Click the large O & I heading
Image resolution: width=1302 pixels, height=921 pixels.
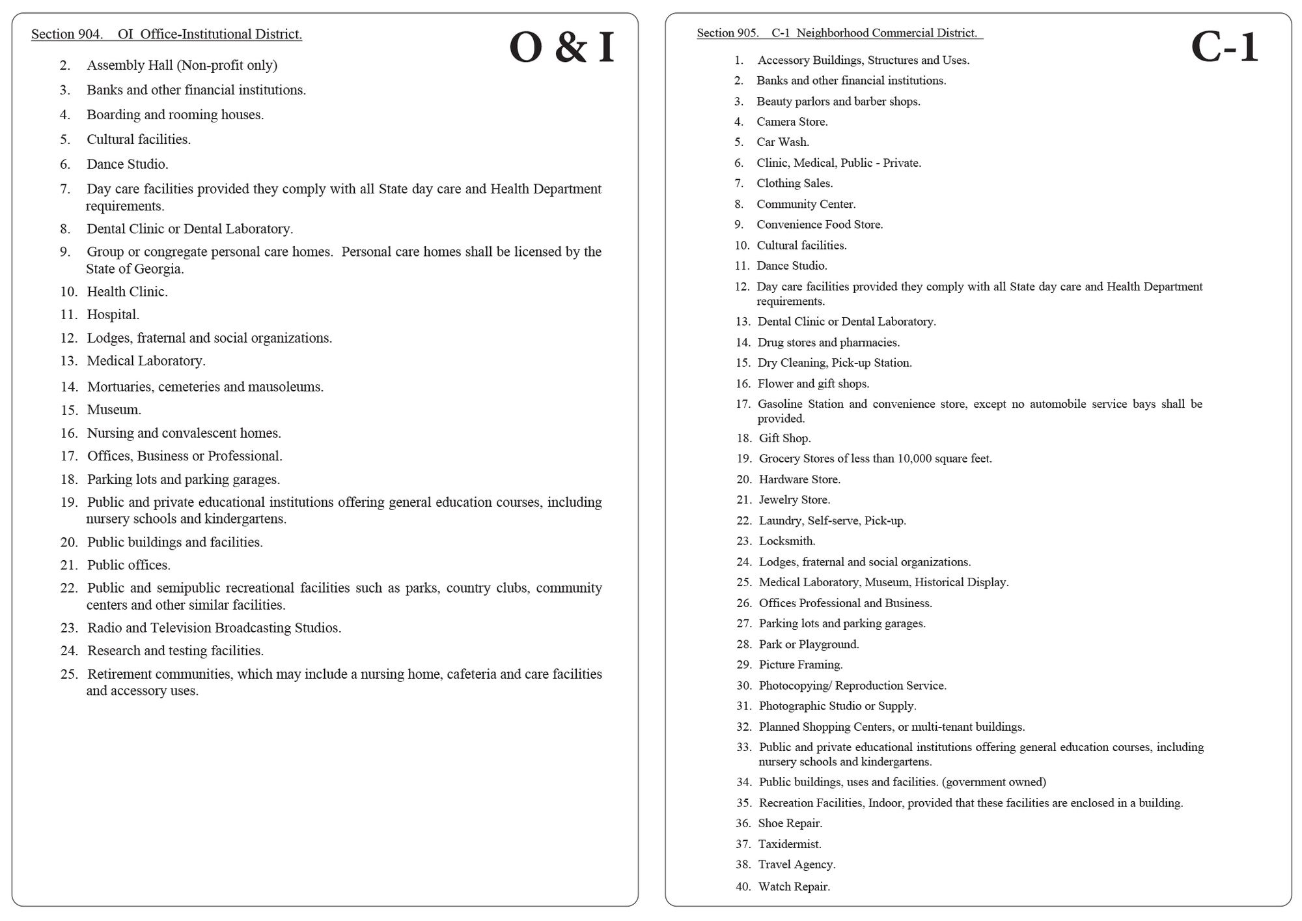pos(561,48)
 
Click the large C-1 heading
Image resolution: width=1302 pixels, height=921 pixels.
pos(1224,48)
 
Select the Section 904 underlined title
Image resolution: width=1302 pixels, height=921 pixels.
pos(167,35)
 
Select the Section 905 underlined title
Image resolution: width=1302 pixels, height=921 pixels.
pos(838,33)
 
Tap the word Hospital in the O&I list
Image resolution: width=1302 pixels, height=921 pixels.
pos(113,315)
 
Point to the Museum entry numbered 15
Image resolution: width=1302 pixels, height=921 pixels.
pos(114,410)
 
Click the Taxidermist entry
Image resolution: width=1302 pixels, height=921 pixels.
pos(790,844)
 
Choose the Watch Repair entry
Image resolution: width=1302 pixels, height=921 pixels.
pos(794,886)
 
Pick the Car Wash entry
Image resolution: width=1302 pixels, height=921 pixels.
pos(783,142)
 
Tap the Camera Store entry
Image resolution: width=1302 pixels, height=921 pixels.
pos(792,122)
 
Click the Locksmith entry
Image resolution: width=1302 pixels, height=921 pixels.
pos(786,541)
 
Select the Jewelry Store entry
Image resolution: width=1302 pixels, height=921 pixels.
pos(794,500)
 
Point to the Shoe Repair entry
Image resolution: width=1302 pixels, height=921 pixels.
pos(790,823)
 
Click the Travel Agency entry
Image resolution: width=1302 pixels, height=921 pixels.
pos(797,865)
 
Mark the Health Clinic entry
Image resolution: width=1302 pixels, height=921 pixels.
pos(127,292)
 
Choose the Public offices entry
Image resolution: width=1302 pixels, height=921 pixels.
pos(129,565)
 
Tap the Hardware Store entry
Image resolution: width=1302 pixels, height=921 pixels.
pos(799,479)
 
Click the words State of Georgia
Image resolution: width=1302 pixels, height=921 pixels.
pos(135,269)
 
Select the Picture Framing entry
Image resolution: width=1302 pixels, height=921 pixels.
pos(801,665)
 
